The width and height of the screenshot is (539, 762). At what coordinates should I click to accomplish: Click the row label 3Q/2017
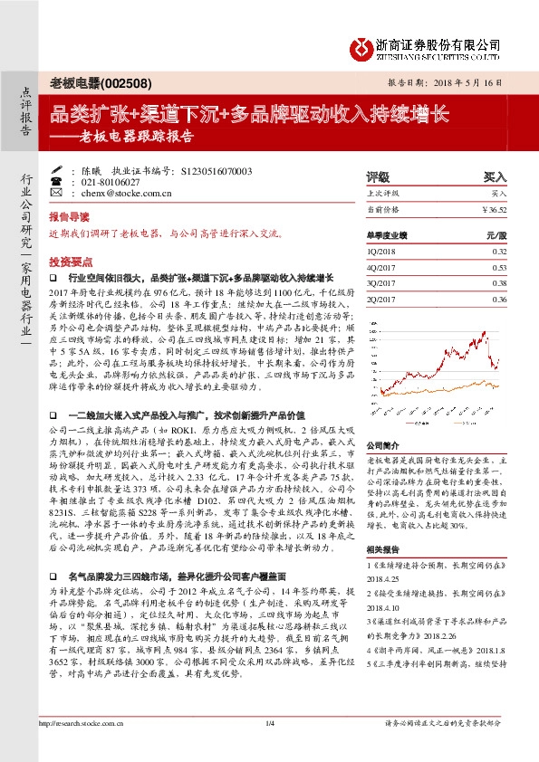[381, 283]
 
